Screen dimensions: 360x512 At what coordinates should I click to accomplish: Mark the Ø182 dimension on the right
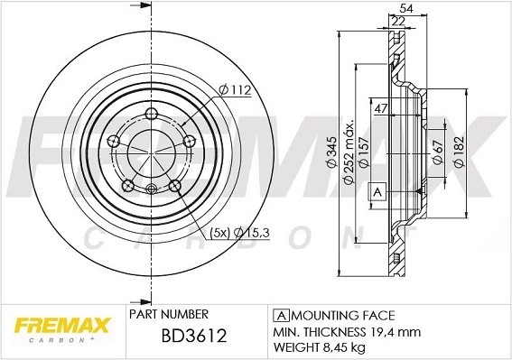458,150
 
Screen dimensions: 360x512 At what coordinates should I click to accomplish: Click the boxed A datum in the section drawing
377,191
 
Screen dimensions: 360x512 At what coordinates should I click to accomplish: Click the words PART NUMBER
169,313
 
